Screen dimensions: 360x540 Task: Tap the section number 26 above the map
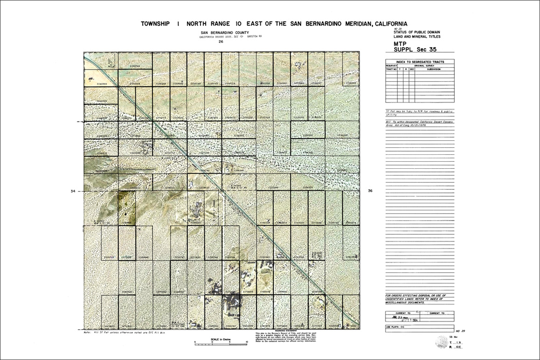pyautogui.click(x=221, y=42)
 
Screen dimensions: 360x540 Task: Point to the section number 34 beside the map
pyautogui.click(x=72, y=191)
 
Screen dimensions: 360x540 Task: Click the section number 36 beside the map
pyautogui.click(x=370, y=191)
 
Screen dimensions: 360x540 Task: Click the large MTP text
pyautogui.click(x=401, y=43)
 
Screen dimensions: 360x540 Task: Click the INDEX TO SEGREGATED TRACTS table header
pyautogui.click(x=419, y=62)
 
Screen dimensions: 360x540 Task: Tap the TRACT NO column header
pyautogui.click(x=391, y=69)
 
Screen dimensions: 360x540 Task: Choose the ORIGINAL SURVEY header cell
pyautogui.click(x=424, y=66)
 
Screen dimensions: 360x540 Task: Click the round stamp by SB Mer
pyautogui.click(x=441, y=342)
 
